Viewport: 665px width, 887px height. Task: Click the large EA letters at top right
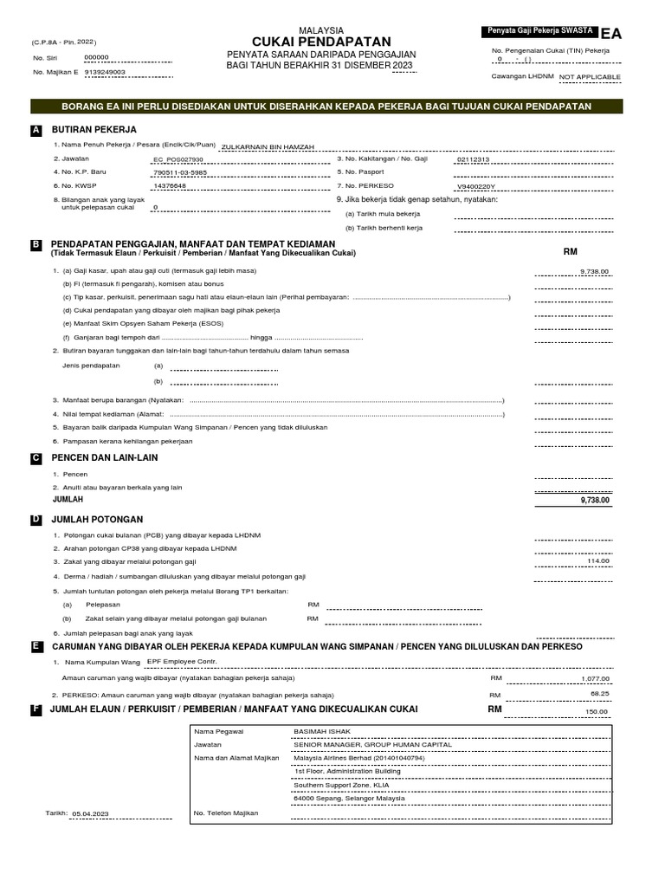[x=610, y=33]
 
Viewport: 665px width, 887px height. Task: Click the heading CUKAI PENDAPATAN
[x=321, y=42]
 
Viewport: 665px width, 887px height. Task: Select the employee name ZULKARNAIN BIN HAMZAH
[x=268, y=146]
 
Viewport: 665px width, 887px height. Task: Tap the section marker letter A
[x=36, y=129]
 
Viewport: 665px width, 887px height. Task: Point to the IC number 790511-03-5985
[x=180, y=172]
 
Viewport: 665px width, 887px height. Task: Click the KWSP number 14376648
[x=170, y=185]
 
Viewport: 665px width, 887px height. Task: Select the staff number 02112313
[x=473, y=159]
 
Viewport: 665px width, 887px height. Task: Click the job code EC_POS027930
[x=178, y=159]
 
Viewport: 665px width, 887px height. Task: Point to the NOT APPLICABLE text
[x=590, y=77]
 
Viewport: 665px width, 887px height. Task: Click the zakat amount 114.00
[x=598, y=560]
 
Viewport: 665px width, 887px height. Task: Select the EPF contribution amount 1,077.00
[x=595, y=678]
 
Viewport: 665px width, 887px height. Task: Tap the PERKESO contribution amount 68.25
[x=599, y=694]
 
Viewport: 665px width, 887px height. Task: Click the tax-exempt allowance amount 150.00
[x=597, y=711]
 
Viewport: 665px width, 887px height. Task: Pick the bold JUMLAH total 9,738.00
[x=594, y=500]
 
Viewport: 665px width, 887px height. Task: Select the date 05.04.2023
[x=91, y=814]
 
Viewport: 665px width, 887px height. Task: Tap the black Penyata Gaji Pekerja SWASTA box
[x=540, y=31]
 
